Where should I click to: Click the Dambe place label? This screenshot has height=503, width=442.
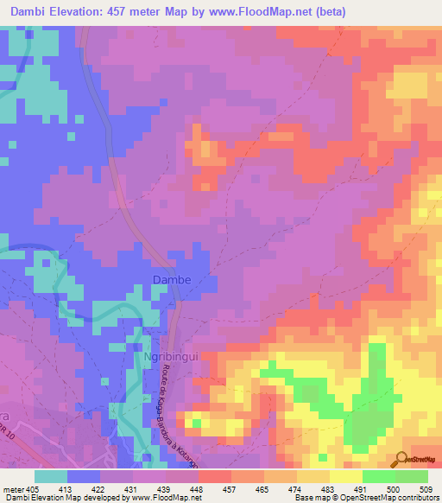coord(171,280)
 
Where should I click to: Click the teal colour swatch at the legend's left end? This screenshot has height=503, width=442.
coord(51,476)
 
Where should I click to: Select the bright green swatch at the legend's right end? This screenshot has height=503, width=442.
coord(411,476)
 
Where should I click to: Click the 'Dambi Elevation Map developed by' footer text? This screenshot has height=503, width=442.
coord(63,498)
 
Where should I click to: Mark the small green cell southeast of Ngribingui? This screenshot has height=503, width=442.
coord(197,423)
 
